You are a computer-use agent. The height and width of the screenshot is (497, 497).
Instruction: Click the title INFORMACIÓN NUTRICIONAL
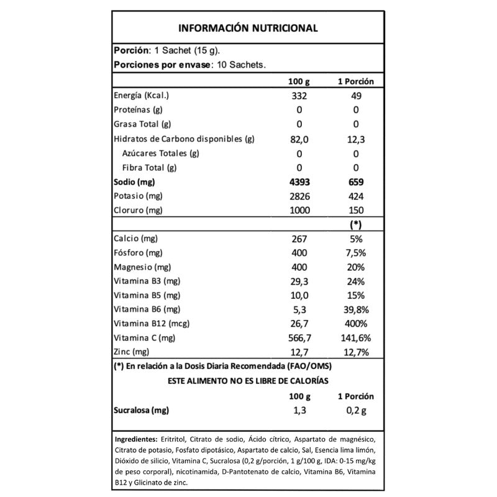click(248, 28)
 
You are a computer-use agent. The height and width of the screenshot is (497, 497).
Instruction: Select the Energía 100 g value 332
click(299, 96)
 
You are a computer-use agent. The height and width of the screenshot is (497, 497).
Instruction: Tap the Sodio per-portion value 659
click(356, 182)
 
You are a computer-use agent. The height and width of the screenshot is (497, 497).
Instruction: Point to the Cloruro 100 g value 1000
click(299, 211)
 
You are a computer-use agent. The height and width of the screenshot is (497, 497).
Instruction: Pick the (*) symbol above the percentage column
click(356, 224)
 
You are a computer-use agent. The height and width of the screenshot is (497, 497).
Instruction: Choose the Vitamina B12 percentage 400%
click(356, 324)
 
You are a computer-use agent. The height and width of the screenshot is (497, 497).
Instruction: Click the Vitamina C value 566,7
click(299, 338)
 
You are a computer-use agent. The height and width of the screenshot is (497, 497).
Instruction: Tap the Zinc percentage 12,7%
click(356, 352)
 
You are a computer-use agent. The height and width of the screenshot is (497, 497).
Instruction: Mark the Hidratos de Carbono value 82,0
click(299, 139)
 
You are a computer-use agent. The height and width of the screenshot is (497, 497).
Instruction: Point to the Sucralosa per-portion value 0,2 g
click(356, 411)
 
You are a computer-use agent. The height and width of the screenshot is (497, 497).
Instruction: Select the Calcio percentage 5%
click(356, 239)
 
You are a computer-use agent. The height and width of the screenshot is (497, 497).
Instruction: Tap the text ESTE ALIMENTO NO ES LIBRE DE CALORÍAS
click(248, 381)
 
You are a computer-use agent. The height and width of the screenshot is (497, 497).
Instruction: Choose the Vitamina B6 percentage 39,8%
click(356, 309)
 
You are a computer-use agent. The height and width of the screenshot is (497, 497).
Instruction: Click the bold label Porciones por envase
click(162, 64)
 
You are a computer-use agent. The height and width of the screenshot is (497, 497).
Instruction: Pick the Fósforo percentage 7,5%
click(356, 253)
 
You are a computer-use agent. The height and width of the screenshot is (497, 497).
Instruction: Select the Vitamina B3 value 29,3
click(299, 281)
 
